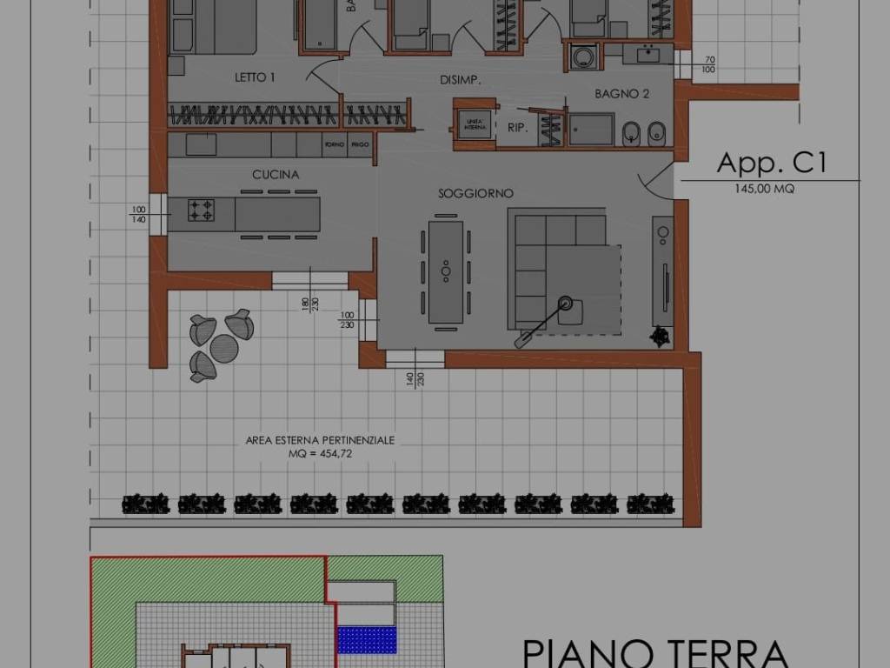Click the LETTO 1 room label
coord(255,77)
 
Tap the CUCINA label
coord(276,175)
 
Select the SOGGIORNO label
coord(475,193)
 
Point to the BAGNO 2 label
coord(621,94)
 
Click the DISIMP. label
coord(461,80)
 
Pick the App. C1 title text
coord(770,163)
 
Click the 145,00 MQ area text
coord(764,188)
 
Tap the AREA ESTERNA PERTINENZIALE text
coord(320,440)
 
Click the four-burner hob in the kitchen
coord(202,210)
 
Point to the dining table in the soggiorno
coord(445,271)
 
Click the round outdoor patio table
coord(223,348)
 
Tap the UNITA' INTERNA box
coord(475,124)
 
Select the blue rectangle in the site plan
coord(367,639)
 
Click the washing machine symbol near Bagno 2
coord(581,57)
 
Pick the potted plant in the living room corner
coord(661,333)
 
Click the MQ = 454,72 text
coord(320,454)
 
